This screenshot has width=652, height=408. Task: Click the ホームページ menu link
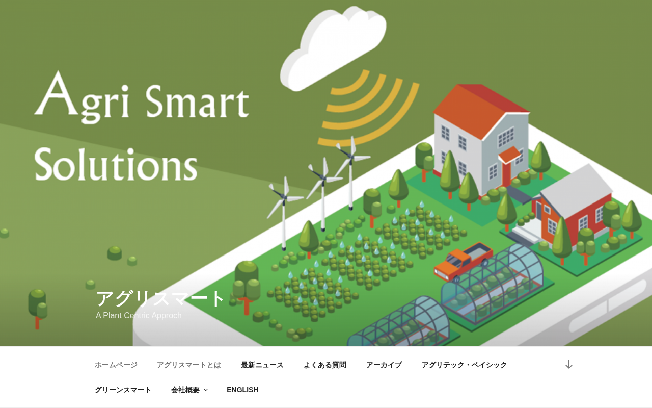[x=116, y=365]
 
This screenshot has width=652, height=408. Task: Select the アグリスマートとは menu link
[x=189, y=365]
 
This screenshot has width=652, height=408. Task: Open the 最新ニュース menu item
[x=262, y=365]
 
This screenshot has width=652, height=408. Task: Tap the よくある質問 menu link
[x=325, y=365]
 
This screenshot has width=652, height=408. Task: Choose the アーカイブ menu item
[x=384, y=365]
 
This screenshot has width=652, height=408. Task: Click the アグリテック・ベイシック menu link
[x=464, y=365]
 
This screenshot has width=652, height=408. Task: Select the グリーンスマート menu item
[x=123, y=390]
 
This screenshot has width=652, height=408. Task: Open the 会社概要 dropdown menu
[x=189, y=390]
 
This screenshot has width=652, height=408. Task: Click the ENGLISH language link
[x=242, y=390]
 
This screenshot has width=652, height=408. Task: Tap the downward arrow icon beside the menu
[x=569, y=364]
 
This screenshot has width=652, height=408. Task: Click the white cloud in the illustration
[x=333, y=48]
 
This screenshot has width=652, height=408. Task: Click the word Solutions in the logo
[x=116, y=164]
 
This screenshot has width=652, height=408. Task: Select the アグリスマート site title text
[x=160, y=299]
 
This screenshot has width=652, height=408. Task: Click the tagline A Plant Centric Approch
[x=139, y=315]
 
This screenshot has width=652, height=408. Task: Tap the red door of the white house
[x=506, y=172]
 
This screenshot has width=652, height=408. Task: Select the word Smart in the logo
[x=197, y=101]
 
